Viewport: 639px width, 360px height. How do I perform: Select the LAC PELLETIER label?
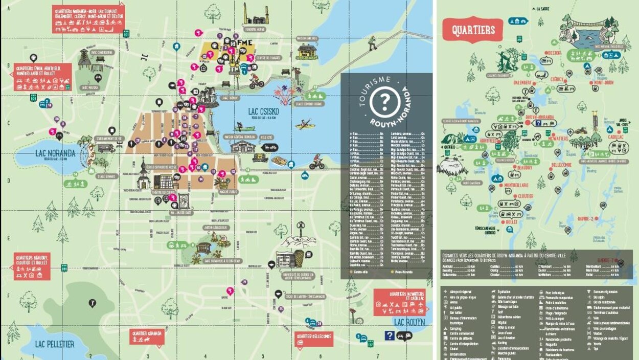(54, 344)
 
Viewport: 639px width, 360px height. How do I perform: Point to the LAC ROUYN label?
(409, 322)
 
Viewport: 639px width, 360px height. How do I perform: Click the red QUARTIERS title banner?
(473, 30)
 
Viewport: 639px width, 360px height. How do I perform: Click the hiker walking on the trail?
(373, 43)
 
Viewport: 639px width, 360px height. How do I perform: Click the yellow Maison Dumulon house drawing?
(307, 51)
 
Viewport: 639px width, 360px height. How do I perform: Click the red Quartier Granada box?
(147, 336)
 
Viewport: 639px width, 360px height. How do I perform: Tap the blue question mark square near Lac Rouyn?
(390, 335)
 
